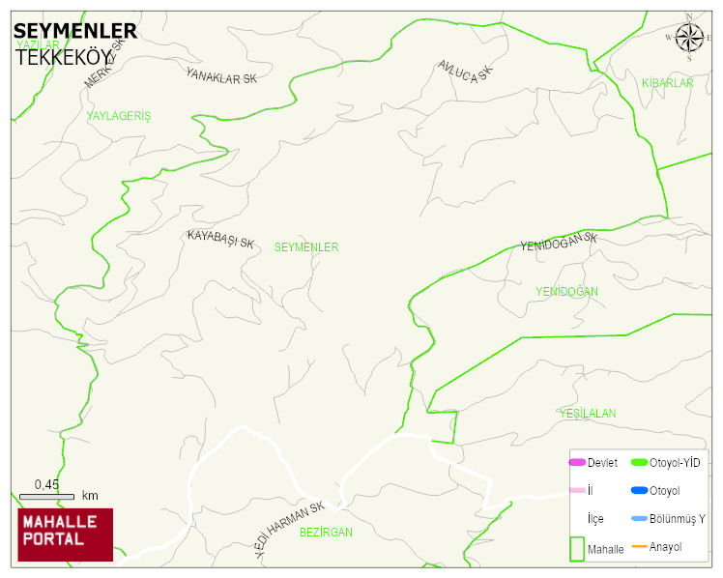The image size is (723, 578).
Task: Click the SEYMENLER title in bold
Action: [x=75, y=32]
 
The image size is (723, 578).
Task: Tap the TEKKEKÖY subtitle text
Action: [x=64, y=57]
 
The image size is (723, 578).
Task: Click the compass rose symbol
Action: [x=689, y=38]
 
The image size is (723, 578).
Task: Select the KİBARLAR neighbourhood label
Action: [x=668, y=84]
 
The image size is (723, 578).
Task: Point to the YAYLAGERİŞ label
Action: [x=119, y=116]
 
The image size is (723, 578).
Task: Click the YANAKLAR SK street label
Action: [x=222, y=75]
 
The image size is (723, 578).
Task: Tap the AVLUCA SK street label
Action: [x=465, y=71]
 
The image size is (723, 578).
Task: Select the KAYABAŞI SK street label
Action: [x=220, y=240]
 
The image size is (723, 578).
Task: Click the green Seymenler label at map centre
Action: [x=306, y=247]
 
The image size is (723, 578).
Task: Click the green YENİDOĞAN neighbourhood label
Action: [x=566, y=291]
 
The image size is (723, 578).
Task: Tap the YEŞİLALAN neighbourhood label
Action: [x=587, y=414]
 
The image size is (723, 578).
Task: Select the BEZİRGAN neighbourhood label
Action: [x=326, y=533]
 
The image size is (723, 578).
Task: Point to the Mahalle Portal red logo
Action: [x=66, y=535]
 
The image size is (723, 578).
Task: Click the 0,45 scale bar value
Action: [x=46, y=484]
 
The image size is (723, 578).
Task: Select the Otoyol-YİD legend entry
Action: [x=675, y=463]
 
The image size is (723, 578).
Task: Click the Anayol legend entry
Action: [x=665, y=547]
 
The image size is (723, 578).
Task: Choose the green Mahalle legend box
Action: [x=577, y=548]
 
